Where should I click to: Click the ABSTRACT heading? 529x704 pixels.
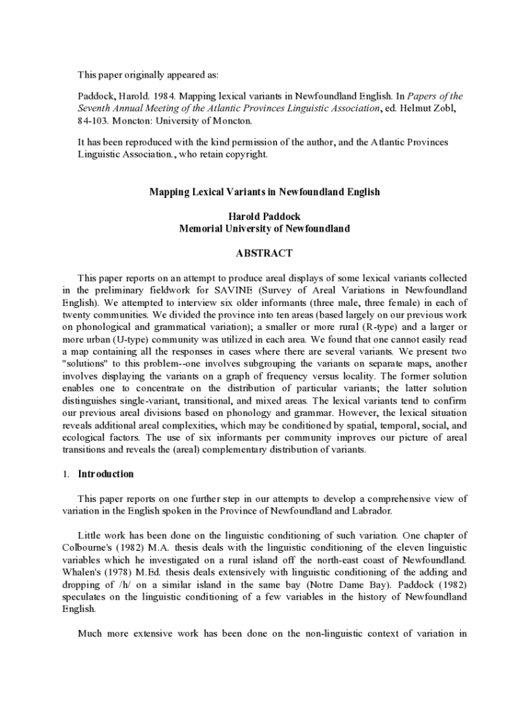[264, 254]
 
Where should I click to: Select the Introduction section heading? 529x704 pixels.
[106, 474]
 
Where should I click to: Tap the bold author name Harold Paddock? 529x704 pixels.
[264, 217]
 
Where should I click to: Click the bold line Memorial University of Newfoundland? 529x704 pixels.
[264, 229]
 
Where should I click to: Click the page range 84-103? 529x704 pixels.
[93, 122]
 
